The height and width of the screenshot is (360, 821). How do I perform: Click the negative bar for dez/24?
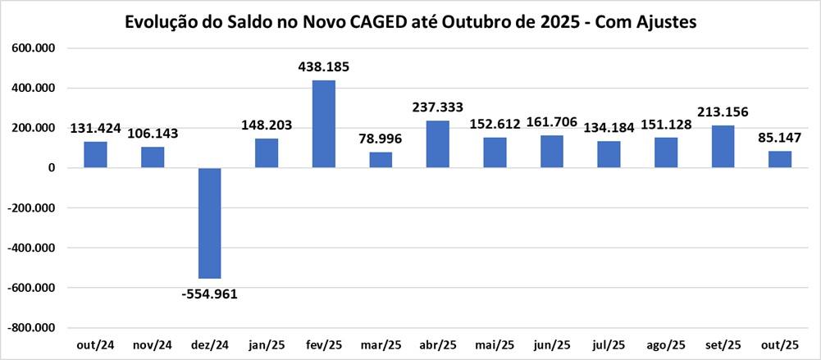pos(210,223)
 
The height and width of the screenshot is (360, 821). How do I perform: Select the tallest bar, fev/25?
pos(324,124)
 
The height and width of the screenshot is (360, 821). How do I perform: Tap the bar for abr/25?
pos(438,144)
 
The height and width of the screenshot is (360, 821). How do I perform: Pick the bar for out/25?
pos(780,159)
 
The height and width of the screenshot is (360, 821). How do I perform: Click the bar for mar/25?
pos(381,160)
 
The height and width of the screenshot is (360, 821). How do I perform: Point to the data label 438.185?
pos(324,66)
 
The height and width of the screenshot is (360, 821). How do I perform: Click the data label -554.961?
pos(210,294)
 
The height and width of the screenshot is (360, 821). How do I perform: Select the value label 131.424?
pos(96,128)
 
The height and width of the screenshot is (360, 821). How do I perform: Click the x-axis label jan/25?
pos(267,346)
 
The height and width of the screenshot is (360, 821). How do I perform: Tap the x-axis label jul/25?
pos(609,346)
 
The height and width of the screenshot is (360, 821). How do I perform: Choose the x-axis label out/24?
pos(96,346)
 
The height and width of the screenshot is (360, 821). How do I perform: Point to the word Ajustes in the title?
pos(667,22)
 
